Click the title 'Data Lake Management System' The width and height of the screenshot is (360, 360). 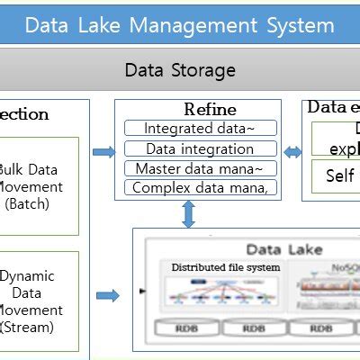coord(180,24)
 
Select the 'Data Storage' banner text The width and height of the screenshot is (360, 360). coord(180,70)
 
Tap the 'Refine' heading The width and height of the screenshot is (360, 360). coord(210,110)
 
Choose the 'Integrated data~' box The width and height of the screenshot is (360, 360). coord(199,129)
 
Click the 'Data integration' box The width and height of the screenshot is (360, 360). coord(199,148)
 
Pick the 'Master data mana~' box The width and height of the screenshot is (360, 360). coord(199,168)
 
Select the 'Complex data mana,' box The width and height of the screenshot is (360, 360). coord(199,187)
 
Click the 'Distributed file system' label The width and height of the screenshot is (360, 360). coord(226,267)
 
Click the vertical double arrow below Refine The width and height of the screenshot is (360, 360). coord(188,214)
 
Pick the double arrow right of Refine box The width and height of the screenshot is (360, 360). coord(292,152)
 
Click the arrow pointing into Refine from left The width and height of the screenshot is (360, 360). coord(103,152)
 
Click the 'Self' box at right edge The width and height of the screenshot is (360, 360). coord(339,176)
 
